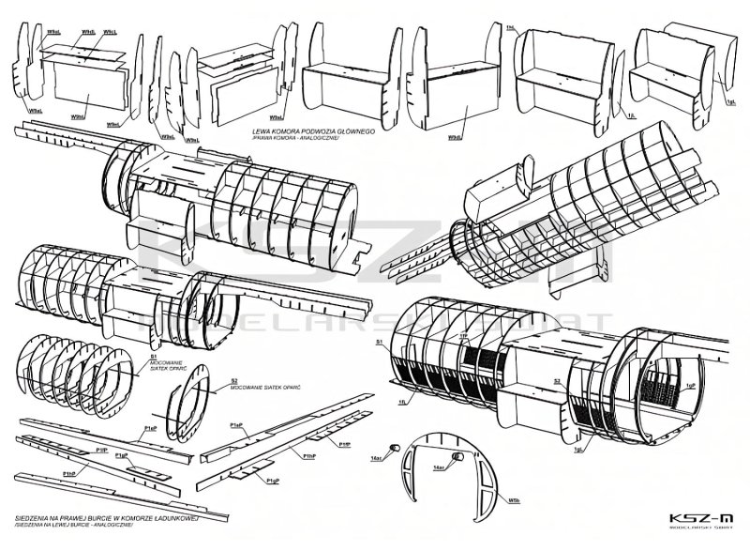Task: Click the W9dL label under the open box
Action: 455,137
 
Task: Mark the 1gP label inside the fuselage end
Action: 691,385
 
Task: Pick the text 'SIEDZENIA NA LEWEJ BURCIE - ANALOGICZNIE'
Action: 77,525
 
